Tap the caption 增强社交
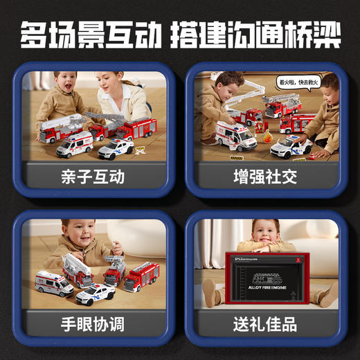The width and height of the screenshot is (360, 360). point(264,177)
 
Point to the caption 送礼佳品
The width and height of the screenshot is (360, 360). point(264,323)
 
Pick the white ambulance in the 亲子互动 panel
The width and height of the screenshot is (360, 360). point(74,144)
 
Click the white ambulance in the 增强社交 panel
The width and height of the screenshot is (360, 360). point(236,136)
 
